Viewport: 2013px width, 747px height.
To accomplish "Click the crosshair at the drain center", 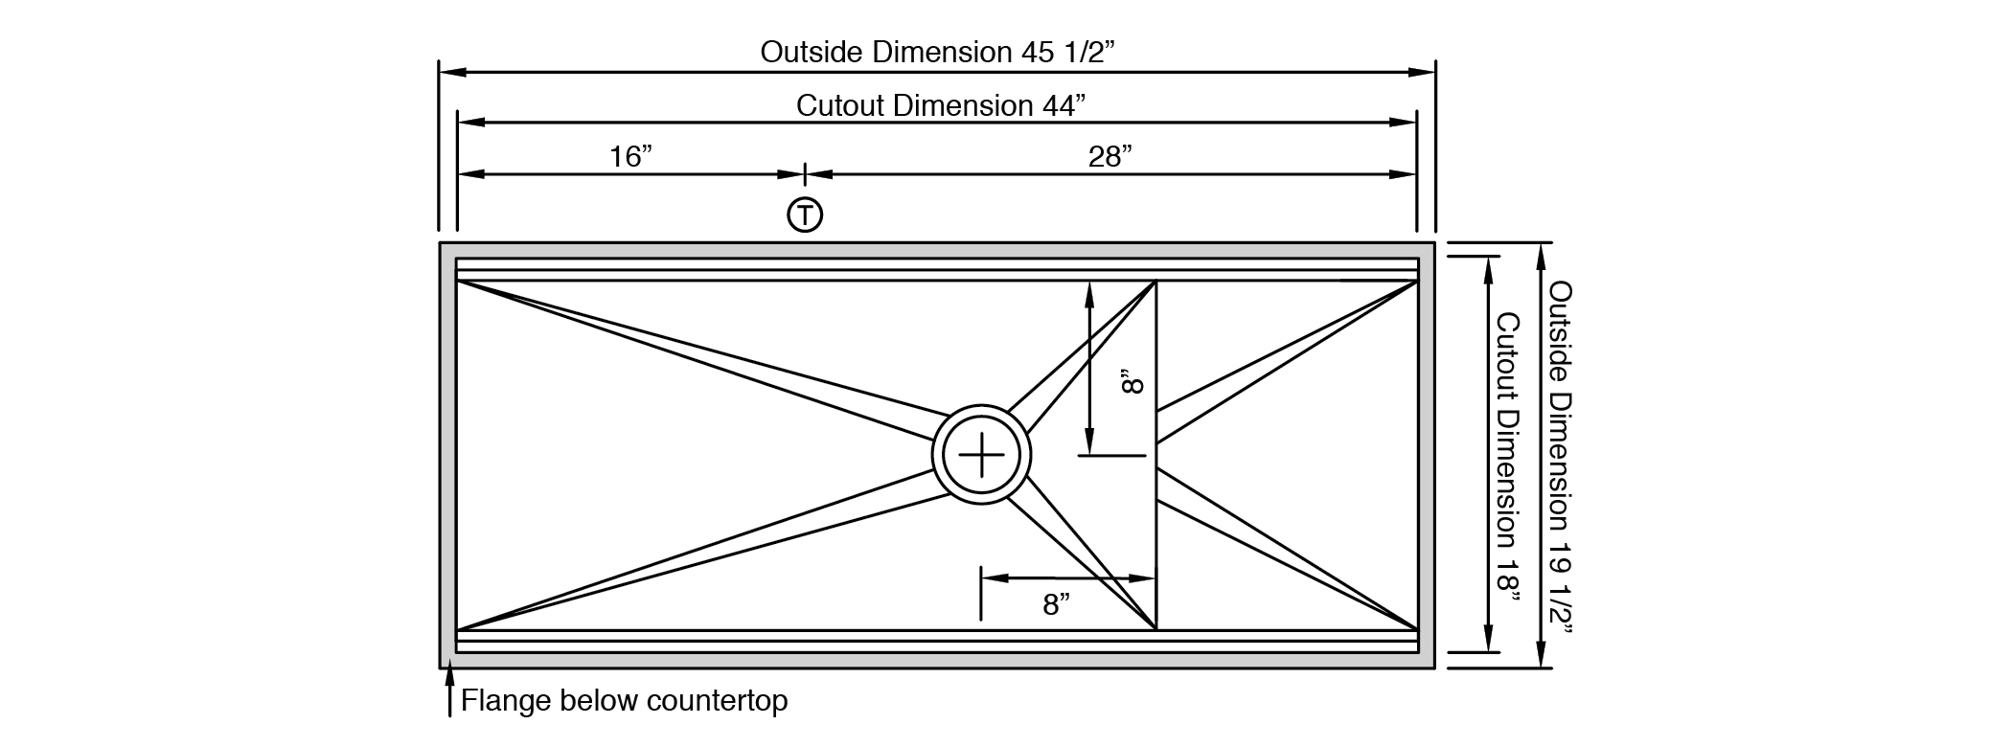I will tap(981, 454).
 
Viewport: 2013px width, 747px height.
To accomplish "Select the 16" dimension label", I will tap(631, 156).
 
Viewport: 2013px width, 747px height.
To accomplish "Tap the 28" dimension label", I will tap(1110, 156).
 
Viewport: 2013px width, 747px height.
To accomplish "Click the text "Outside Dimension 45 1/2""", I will tap(938, 52).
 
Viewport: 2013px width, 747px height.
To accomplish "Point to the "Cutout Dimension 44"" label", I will tap(940, 105).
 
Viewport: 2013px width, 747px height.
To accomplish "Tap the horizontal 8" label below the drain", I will tap(1056, 604).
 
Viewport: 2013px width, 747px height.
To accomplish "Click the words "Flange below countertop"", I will tap(624, 701).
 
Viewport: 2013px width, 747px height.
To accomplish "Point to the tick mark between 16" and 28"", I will tap(805, 174).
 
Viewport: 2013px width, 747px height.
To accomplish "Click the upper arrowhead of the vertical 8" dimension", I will tap(1088, 293).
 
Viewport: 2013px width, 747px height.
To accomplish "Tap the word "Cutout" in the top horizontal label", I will tap(840, 105).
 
